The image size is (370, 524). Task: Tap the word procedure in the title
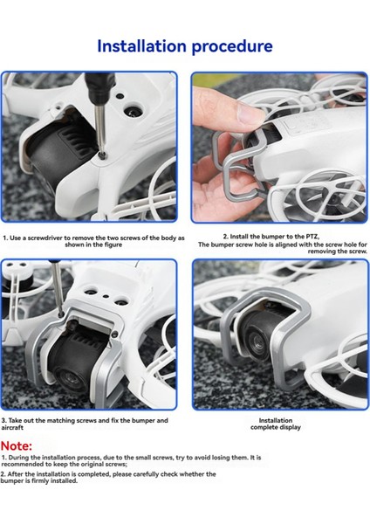point(230,46)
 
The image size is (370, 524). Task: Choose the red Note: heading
point(17,445)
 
